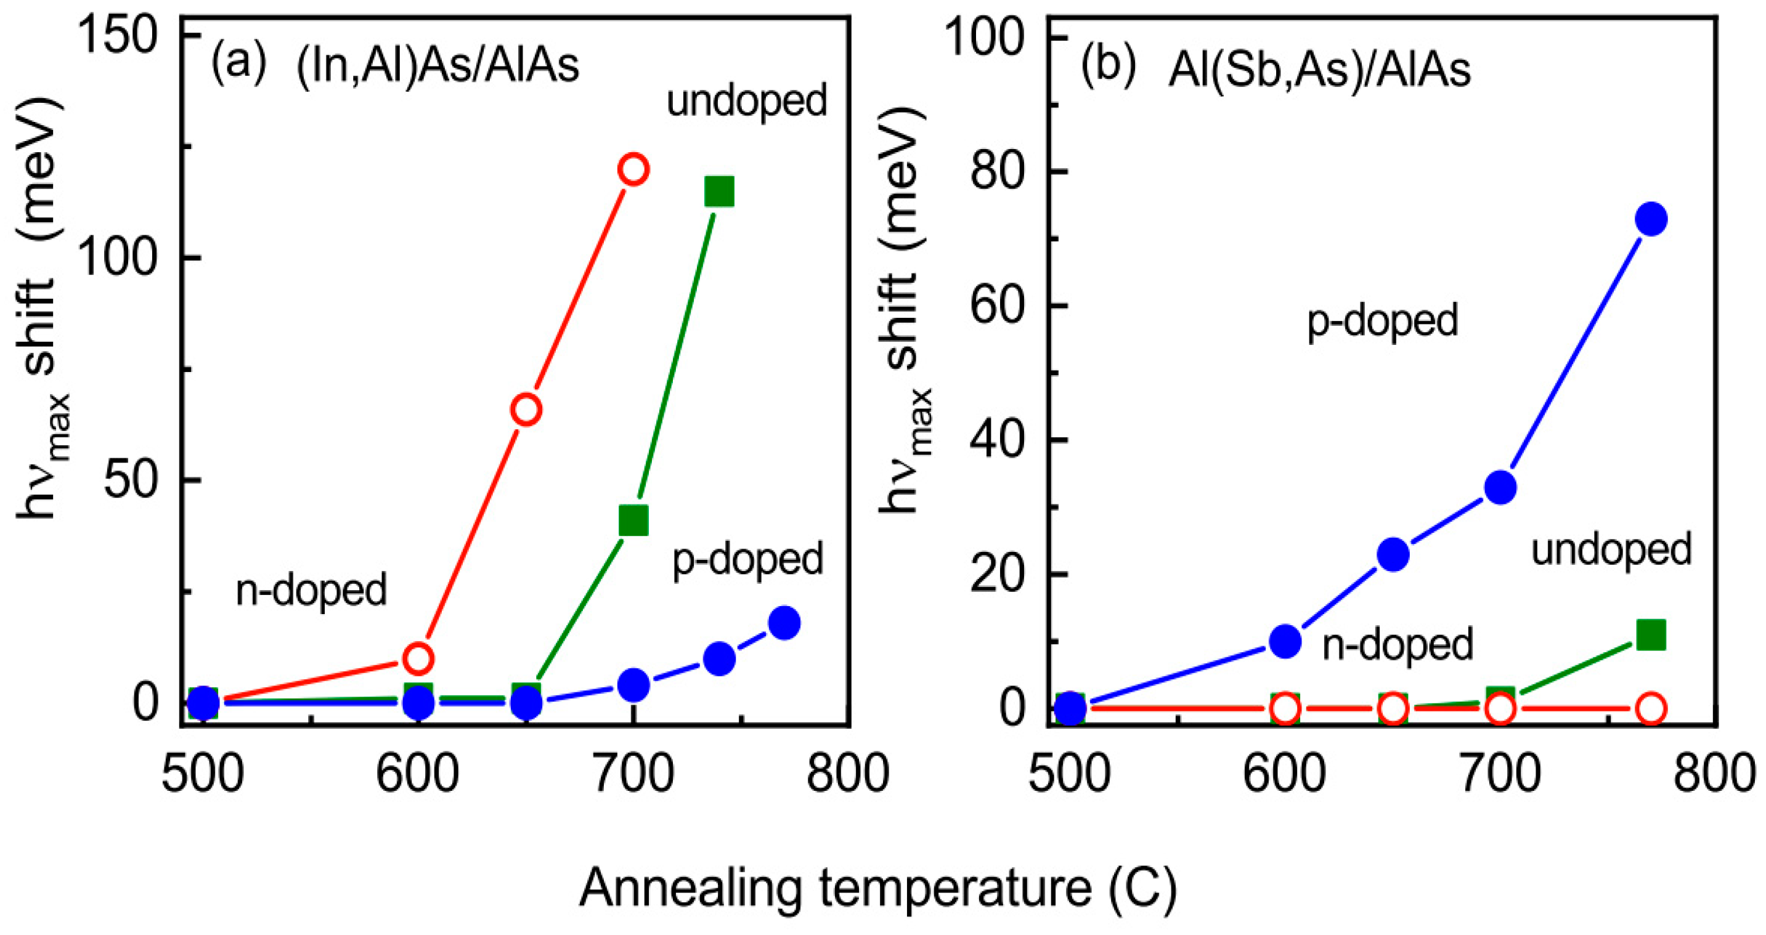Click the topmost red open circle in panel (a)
pyautogui.click(x=633, y=169)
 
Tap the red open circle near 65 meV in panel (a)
pyautogui.click(x=526, y=409)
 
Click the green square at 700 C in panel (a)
pyautogui.click(x=633, y=520)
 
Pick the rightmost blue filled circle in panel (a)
pyautogui.click(x=784, y=623)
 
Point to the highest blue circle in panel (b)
pyautogui.click(x=1651, y=219)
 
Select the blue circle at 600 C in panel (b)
pyautogui.click(x=1285, y=641)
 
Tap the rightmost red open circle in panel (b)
pyautogui.click(x=1651, y=708)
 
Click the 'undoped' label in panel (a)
pyautogui.click(x=747, y=102)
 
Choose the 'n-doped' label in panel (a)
pyautogui.click(x=311, y=590)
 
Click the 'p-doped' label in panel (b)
pyautogui.click(x=1382, y=321)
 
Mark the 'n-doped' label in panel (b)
pyautogui.click(x=1397, y=645)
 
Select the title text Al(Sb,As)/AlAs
pyautogui.click(x=1320, y=70)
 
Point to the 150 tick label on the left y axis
pyautogui.click(x=118, y=36)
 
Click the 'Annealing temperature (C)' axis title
pyautogui.click(x=878, y=888)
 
